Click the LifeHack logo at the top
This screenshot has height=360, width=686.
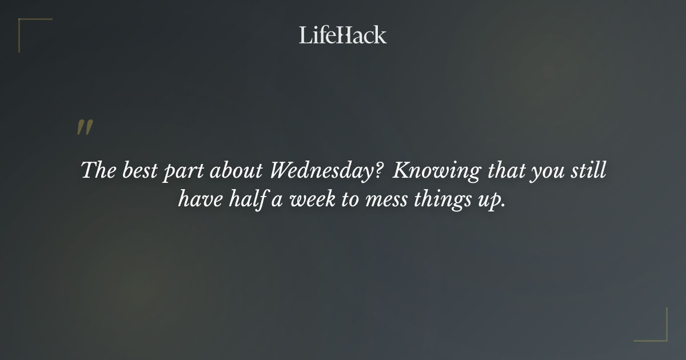tap(342, 35)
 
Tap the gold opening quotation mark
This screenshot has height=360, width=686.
tap(84, 128)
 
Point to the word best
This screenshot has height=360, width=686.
tap(139, 171)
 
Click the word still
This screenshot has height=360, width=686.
tap(589, 171)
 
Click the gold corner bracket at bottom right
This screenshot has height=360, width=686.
tap(660, 334)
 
